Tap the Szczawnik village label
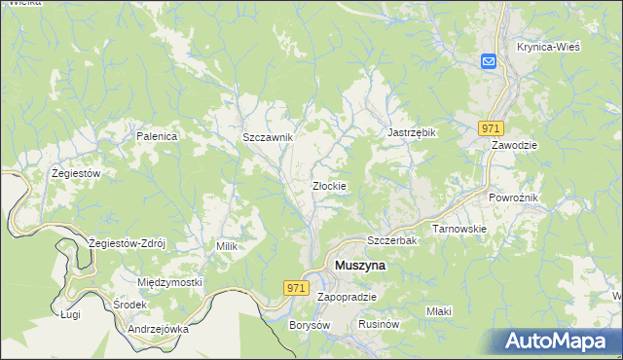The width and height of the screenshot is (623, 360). (x=268, y=138)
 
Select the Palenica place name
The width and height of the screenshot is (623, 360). (x=157, y=136)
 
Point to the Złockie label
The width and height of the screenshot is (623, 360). (x=329, y=185)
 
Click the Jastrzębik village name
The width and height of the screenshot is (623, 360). (x=413, y=132)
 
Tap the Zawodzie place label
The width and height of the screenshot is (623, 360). (x=515, y=144)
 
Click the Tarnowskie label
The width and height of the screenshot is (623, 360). (x=458, y=229)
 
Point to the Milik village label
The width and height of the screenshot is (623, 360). (x=227, y=247)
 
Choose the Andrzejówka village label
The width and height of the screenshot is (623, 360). (x=157, y=329)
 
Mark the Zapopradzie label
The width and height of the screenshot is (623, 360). (x=347, y=296)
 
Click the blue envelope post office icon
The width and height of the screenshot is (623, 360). (x=489, y=61)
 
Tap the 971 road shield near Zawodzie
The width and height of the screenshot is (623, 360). (x=491, y=127)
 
